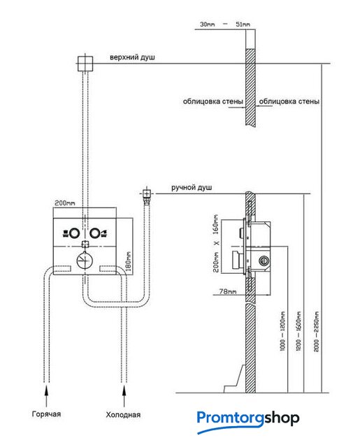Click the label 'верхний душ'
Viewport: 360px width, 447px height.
[x=132, y=57]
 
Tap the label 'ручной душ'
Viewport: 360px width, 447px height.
[x=192, y=188]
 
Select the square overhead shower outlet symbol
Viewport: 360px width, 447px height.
[x=85, y=64]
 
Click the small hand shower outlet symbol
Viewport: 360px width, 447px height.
[x=146, y=194]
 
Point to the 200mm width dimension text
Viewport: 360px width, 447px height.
[x=65, y=203]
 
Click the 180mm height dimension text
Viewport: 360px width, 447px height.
[x=128, y=261]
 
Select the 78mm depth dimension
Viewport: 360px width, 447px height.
[x=228, y=291]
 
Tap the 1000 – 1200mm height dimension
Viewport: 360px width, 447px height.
[x=282, y=331]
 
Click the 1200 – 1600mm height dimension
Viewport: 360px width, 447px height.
[x=298, y=331]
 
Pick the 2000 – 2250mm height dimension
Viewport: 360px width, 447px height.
[x=317, y=332]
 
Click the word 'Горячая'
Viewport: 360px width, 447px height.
[x=46, y=414]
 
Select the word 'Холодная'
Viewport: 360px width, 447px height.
[x=123, y=414]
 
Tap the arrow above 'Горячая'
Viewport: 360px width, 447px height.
[x=47, y=396]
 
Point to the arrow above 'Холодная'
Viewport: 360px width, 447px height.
[x=124, y=396]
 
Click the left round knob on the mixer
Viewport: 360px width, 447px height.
[x=75, y=233]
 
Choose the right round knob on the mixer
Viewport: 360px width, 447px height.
[x=94, y=233]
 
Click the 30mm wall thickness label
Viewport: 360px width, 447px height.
[x=208, y=24]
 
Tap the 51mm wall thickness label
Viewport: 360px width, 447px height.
[x=243, y=24]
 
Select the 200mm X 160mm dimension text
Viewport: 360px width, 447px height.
[x=216, y=243]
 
